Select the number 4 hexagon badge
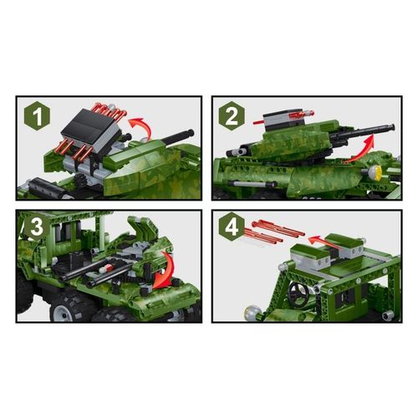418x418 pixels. coord(233,227)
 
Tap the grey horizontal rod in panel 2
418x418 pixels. coord(252,182)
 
